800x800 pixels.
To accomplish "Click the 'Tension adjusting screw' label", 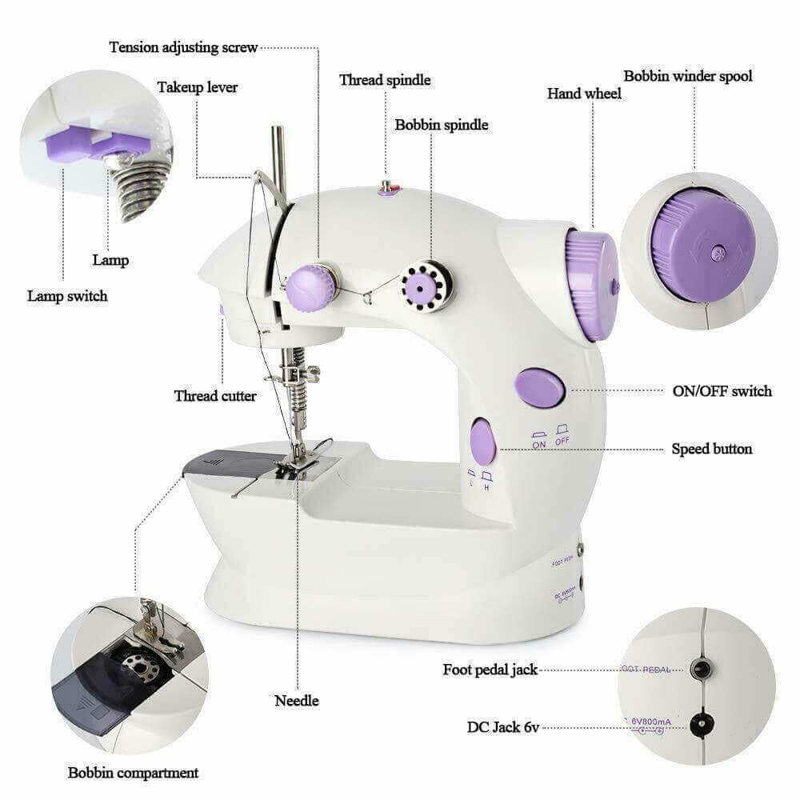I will coord(183,47).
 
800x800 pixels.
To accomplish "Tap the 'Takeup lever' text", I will coord(197,87).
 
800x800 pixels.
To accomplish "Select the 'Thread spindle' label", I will coord(385,80).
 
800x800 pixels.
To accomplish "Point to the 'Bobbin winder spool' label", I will coord(688,77).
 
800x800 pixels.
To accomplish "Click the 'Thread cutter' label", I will coord(215,396).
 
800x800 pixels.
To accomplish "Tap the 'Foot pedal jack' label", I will coord(490,670).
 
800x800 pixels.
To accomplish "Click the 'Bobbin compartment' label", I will coord(133,773).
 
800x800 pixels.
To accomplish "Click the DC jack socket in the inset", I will coord(702,726).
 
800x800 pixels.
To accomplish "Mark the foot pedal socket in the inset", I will coord(701,670).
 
